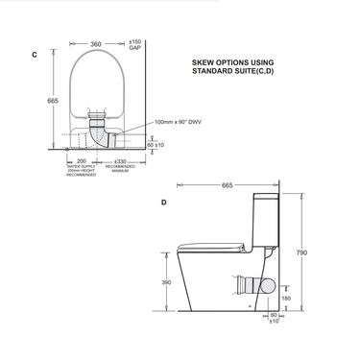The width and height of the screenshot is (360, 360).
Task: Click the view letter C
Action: point(35,56)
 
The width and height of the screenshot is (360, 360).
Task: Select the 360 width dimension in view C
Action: point(95,43)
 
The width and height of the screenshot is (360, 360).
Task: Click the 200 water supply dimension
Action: point(81,161)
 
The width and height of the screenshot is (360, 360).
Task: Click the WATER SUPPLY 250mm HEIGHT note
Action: point(81,173)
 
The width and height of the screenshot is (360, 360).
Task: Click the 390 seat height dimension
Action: point(166,283)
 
